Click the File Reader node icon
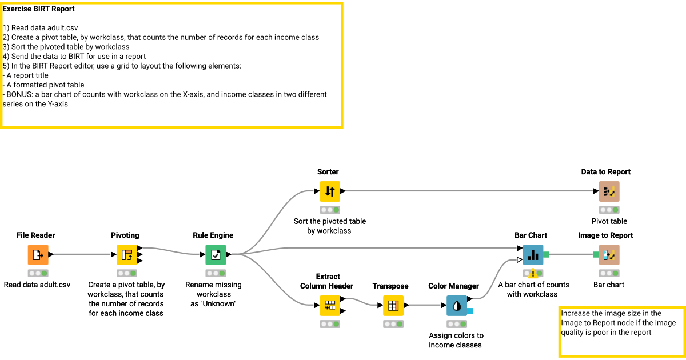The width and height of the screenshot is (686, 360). click(x=38, y=255)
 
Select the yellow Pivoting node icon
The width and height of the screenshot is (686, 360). click(x=126, y=255)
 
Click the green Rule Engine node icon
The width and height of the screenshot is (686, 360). click(x=216, y=255)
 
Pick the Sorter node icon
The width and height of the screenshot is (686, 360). click(x=329, y=191)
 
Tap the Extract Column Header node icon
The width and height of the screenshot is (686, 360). click(x=329, y=306)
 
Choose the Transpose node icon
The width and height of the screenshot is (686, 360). click(x=393, y=306)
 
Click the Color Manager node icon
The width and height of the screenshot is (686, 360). click(x=456, y=306)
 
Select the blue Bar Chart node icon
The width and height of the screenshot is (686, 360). click(x=532, y=255)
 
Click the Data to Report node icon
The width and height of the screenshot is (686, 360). click(x=609, y=191)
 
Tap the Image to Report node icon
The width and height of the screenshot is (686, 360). click(x=609, y=255)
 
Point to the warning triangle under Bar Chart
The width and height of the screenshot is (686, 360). click(x=533, y=273)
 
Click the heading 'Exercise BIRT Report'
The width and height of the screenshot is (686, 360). click(x=38, y=9)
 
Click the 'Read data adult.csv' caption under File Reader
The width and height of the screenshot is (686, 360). click(x=37, y=285)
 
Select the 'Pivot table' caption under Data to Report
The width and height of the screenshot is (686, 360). click(x=609, y=221)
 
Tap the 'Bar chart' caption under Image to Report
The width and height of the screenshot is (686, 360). click(x=609, y=285)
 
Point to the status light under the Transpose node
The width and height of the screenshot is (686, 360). click(x=393, y=324)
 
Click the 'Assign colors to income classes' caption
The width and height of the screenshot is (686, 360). click(x=456, y=340)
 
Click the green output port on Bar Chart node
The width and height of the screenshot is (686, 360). click(x=546, y=254)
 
